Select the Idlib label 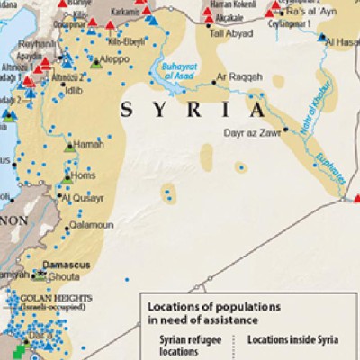tap(73, 92)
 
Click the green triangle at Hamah tap(70, 145)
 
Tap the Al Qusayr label tap(85, 195)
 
